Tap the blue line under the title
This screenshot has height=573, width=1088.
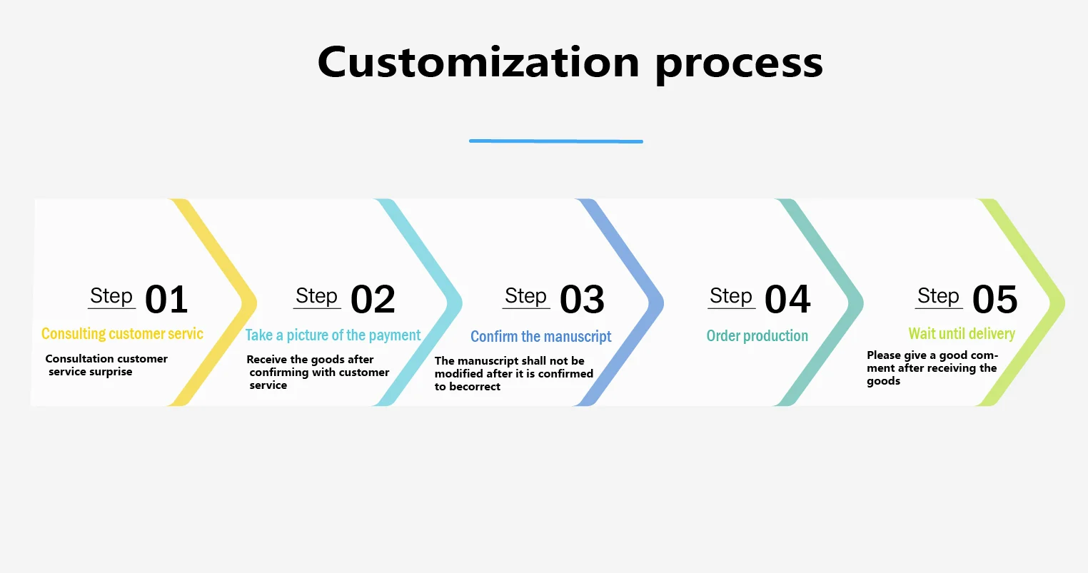point(555,141)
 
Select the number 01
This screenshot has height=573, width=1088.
point(166,300)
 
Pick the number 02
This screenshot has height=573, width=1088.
point(373,300)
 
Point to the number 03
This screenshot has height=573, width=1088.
point(582,300)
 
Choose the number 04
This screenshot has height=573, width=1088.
point(787,300)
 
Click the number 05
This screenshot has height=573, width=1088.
point(994,300)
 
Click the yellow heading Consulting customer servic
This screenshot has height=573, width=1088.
point(122,334)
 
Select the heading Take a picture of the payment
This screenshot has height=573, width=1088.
point(333,335)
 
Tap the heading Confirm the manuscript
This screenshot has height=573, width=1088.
point(540,337)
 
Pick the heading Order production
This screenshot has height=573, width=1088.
point(757,336)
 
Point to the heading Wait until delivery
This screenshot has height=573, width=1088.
point(961,334)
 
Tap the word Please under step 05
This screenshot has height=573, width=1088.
point(884,355)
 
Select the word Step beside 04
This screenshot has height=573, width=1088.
point(730,296)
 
